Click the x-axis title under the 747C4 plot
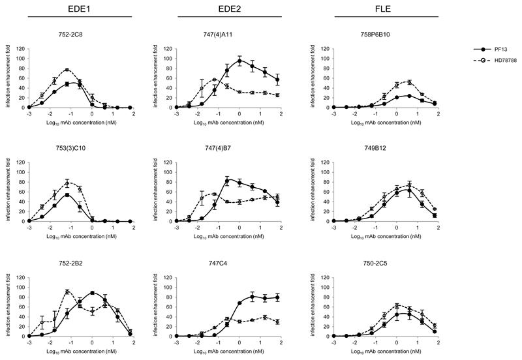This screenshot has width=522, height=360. coord(230,352)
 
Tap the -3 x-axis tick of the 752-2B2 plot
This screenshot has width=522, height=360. coord(29,342)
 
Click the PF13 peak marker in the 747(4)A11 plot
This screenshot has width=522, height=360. coord(239,61)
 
